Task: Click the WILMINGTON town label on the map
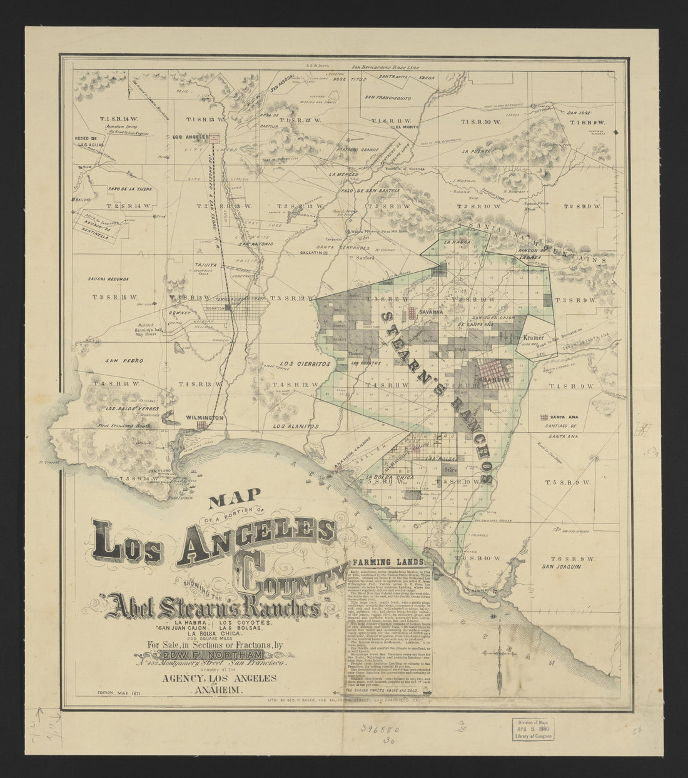200,417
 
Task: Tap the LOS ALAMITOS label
296,425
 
